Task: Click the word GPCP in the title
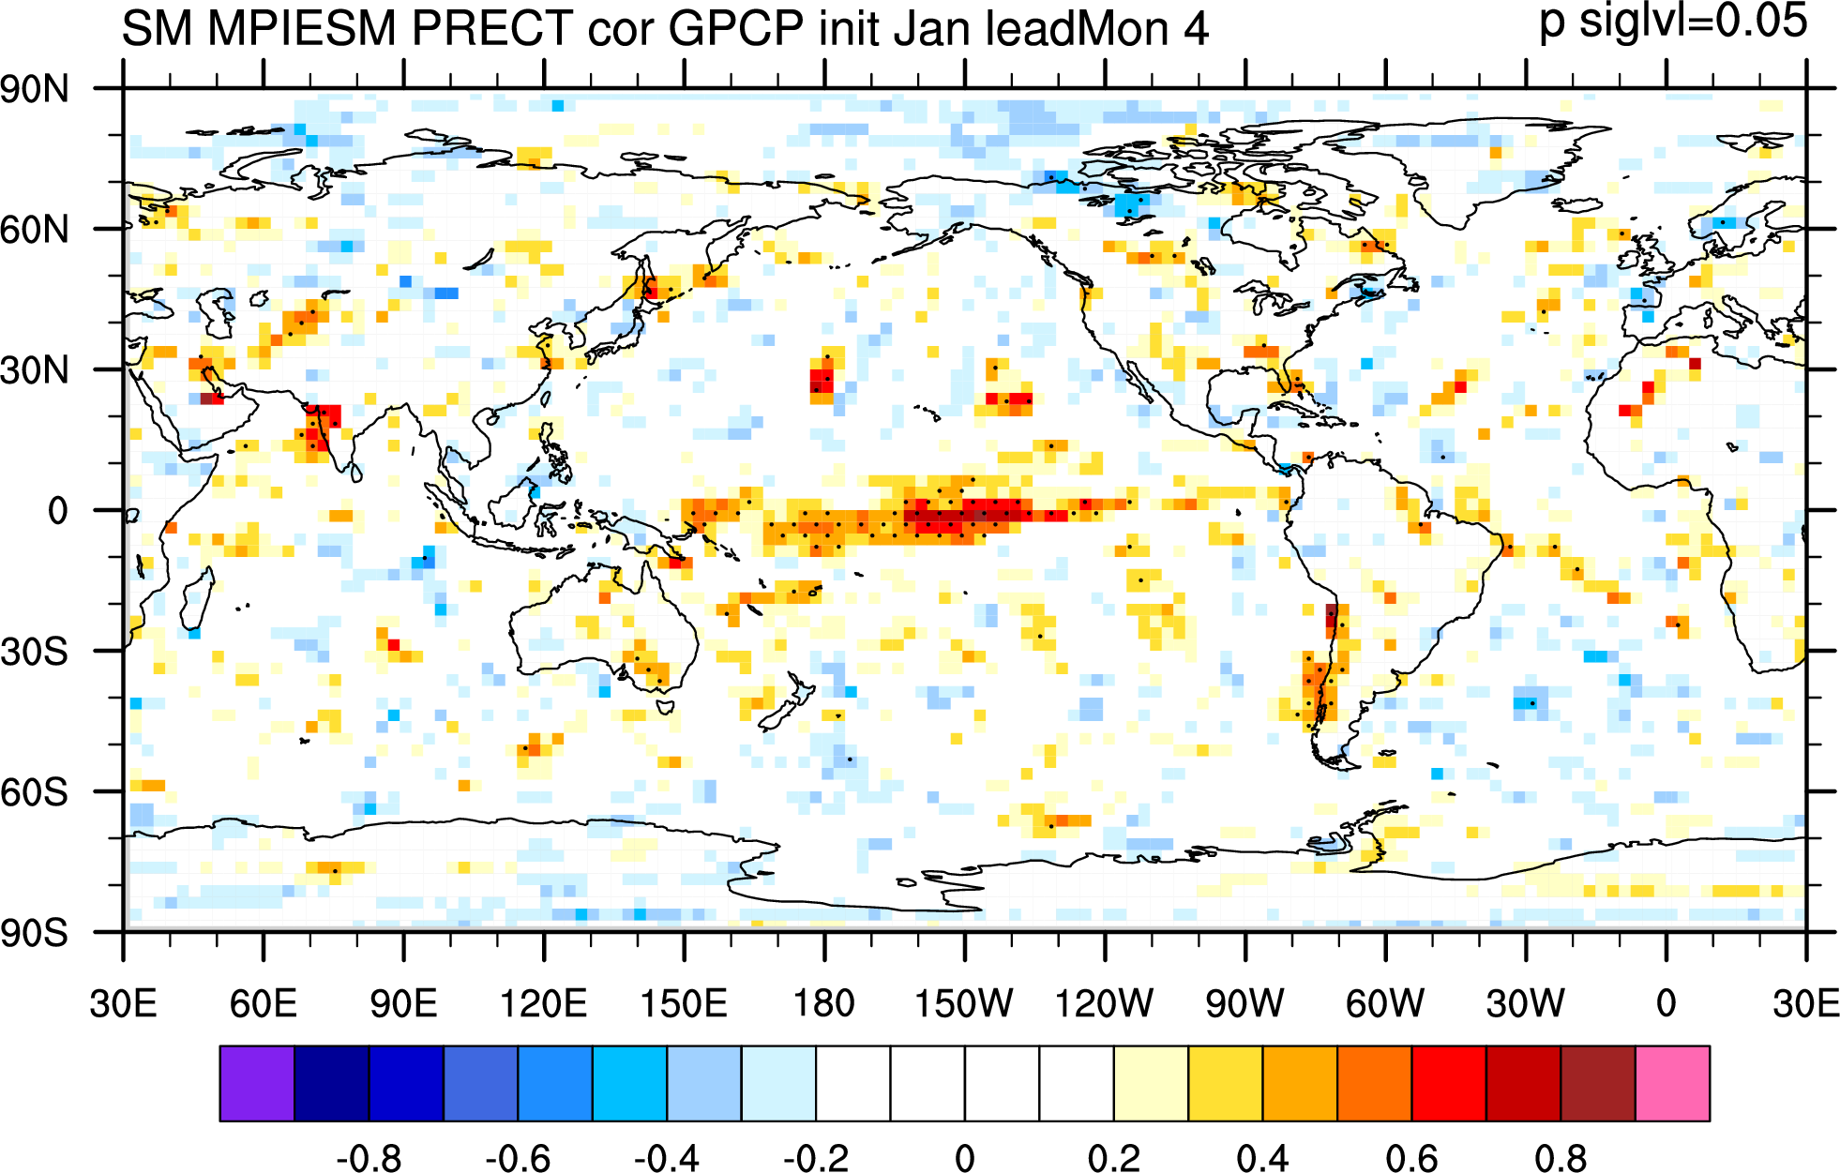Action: click(735, 28)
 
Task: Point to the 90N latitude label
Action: click(35, 90)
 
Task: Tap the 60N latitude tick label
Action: click(35, 230)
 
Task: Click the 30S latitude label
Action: click(35, 652)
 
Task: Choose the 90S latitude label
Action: click(35, 933)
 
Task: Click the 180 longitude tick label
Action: click(824, 1003)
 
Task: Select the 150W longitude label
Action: click(964, 1003)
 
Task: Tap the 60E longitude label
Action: click(264, 1003)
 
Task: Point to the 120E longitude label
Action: click(544, 1003)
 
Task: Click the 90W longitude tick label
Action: click(1244, 1003)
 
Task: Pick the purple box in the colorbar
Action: click(257, 1084)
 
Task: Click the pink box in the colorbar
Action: click(1673, 1084)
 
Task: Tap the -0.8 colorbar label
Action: click(369, 1158)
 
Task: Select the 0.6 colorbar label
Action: click(1412, 1158)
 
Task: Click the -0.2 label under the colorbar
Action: click(816, 1158)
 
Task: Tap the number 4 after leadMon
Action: click(1196, 29)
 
